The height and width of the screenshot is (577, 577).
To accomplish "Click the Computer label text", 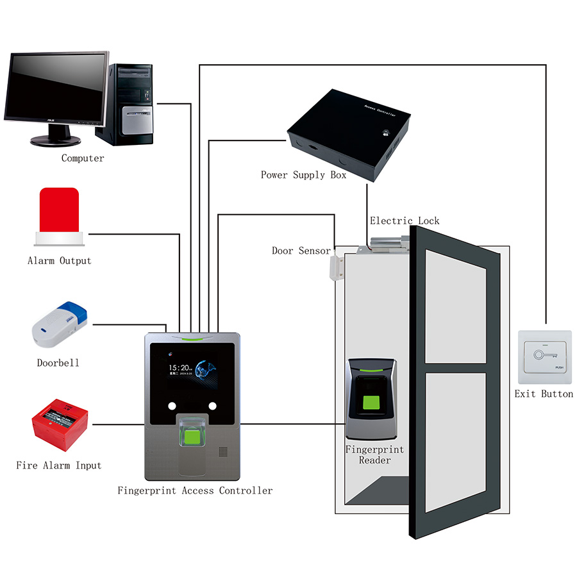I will pyautogui.click(x=83, y=158).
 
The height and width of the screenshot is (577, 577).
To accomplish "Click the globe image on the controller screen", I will pyautogui.click(x=208, y=372).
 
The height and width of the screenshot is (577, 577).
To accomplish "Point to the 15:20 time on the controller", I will pyautogui.click(x=178, y=367).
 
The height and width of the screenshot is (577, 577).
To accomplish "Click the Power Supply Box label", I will pyautogui.click(x=303, y=174).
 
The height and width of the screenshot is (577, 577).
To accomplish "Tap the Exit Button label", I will pyautogui.click(x=544, y=394).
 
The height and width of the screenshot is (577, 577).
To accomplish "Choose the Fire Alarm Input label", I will pyautogui.click(x=59, y=465).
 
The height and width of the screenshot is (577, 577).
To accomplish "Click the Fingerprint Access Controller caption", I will pyautogui.click(x=195, y=490).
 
